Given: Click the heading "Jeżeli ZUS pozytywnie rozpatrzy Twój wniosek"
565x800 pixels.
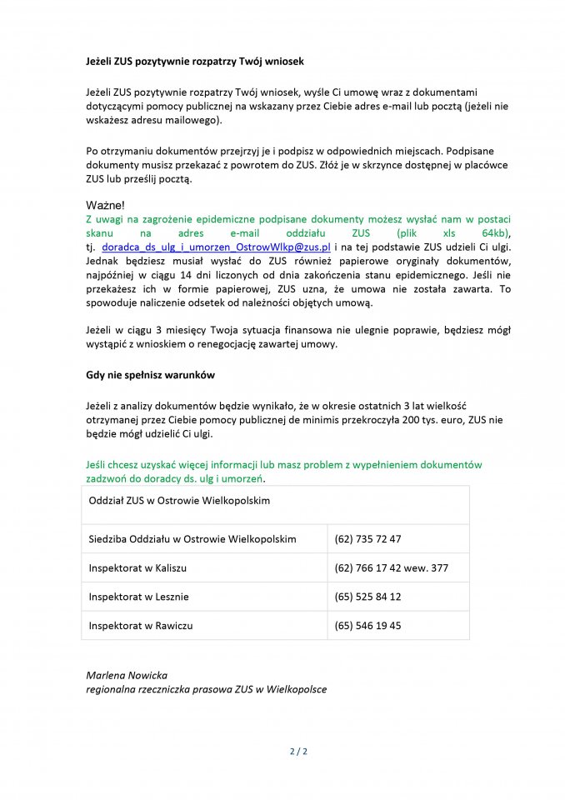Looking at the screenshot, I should [x=195, y=62].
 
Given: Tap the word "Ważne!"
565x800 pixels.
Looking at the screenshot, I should [x=106, y=205].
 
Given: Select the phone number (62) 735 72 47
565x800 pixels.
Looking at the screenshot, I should [x=367, y=539].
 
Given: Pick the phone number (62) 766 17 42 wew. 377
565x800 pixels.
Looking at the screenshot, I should [x=391, y=567].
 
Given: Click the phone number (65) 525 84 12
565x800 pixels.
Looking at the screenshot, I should [x=367, y=597].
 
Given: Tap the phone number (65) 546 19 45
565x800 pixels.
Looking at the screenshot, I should [x=367, y=625].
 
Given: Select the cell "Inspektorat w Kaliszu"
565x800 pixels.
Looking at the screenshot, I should [x=137, y=567].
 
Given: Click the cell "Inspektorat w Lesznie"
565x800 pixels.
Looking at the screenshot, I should [x=138, y=597].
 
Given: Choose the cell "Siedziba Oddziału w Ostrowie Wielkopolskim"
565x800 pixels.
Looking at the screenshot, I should [x=192, y=539].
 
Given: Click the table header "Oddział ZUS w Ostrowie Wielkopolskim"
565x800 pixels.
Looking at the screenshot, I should [x=179, y=501].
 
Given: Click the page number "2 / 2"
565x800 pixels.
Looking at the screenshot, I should [x=298, y=752].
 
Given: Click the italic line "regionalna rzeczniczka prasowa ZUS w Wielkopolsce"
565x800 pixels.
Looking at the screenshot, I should [x=207, y=689].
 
